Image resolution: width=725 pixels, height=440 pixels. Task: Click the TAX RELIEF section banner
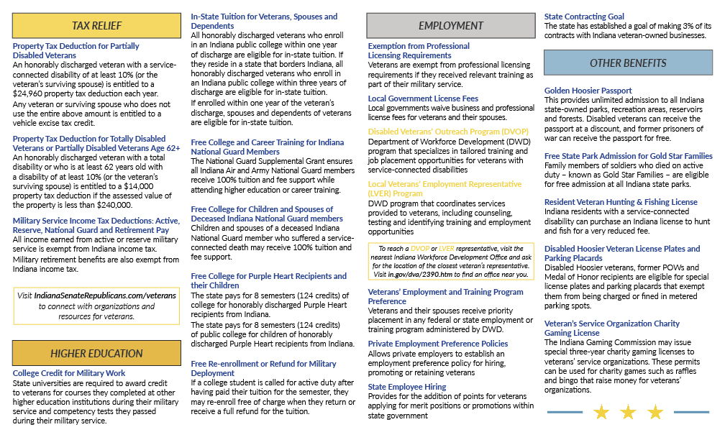[x=96, y=26]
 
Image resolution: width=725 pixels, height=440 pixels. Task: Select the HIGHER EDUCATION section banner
[x=96, y=353]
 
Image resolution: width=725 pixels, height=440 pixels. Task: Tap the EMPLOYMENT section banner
[x=451, y=26]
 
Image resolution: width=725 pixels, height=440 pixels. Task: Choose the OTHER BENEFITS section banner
[x=627, y=63]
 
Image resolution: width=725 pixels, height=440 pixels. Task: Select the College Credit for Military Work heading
[x=69, y=373]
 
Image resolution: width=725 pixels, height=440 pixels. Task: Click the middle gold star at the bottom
[x=628, y=412]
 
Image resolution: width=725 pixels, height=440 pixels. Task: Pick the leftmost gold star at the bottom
[x=601, y=412]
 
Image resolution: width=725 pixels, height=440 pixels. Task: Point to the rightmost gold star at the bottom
[x=655, y=412]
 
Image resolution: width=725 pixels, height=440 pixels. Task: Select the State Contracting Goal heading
[x=584, y=17]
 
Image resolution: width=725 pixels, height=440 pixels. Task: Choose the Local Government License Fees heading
[x=423, y=98]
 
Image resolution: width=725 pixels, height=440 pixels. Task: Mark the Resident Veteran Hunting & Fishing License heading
[x=621, y=203]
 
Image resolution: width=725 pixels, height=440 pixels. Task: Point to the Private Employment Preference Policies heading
[x=438, y=344]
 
